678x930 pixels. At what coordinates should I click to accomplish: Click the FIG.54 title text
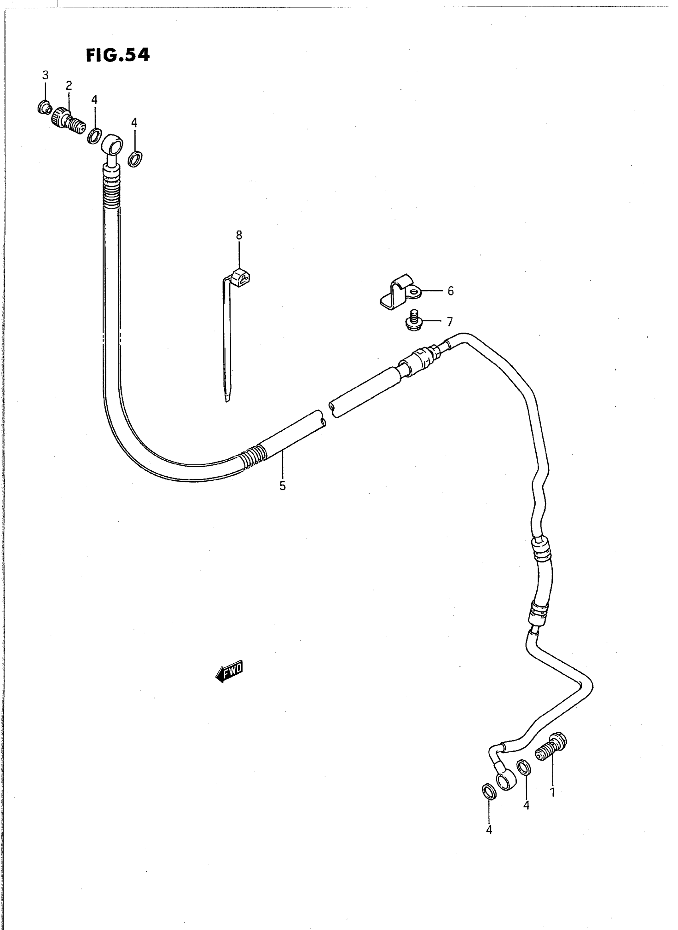click(118, 55)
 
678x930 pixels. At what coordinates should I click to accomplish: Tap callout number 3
click(45, 75)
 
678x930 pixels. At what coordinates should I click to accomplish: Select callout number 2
click(69, 85)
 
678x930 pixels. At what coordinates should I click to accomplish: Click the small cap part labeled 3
click(44, 108)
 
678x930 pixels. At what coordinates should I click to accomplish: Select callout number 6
click(451, 291)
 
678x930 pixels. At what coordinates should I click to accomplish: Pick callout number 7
click(450, 322)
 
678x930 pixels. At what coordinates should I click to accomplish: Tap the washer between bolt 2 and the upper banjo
click(95, 136)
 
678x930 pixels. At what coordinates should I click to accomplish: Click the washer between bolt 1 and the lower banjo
click(524, 767)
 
